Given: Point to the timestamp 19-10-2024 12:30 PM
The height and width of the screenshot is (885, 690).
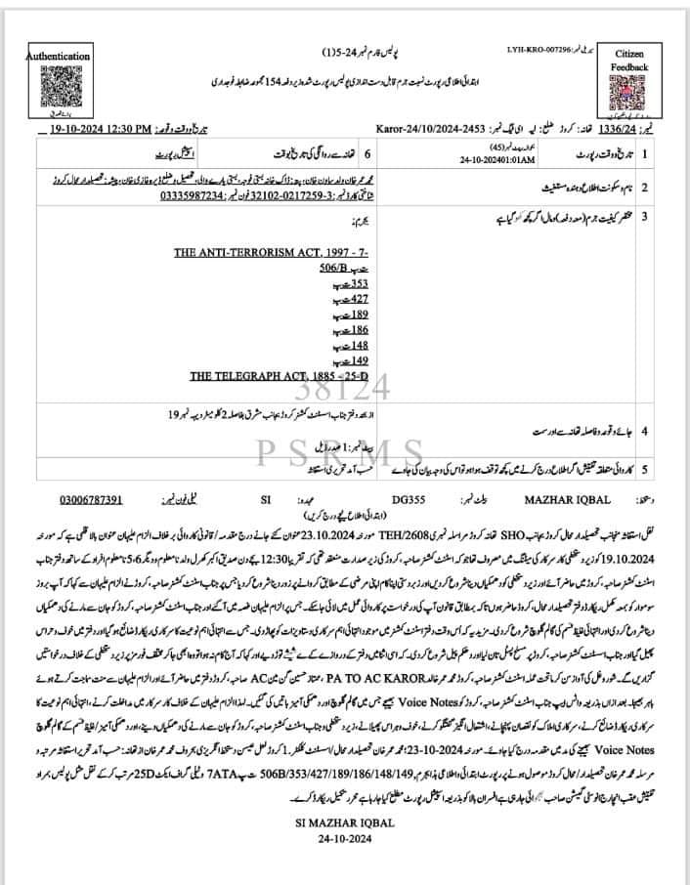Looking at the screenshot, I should (98, 128).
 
